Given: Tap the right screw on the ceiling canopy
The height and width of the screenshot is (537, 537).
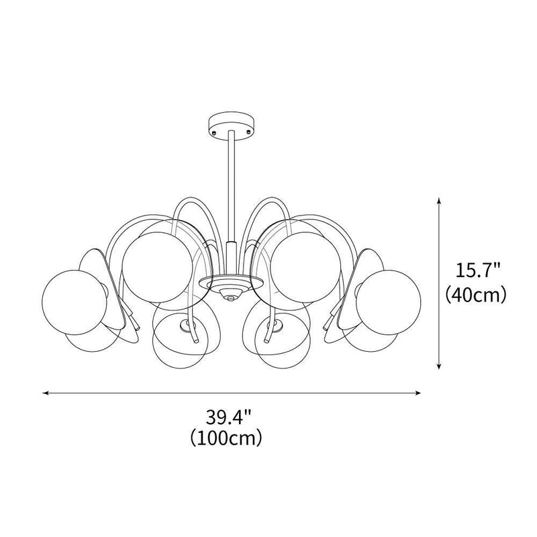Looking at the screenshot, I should (x=248, y=132).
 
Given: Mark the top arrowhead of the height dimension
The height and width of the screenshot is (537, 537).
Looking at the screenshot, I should (x=439, y=201).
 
